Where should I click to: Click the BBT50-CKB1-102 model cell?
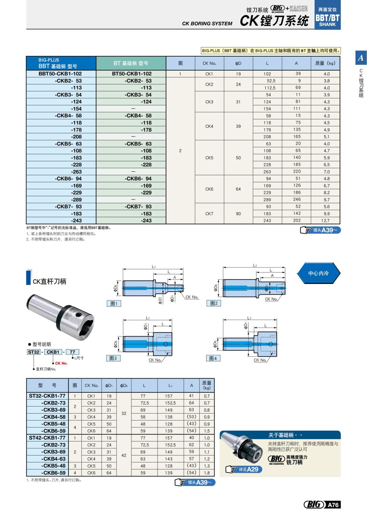pyautogui.click(x=60, y=74)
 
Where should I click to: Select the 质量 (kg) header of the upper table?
pyautogui.click(x=325, y=63)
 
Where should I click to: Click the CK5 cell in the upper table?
pyautogui.click(x=209, y=158)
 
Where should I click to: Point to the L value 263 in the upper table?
pyautogui.click(x=267, y=172)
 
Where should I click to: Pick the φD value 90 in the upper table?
pyautogui.click(x=238, y=214)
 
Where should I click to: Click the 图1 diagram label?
pyautogui.click(x=114, y=303)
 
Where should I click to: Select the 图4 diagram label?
pyautogui.click(x=213, y=358)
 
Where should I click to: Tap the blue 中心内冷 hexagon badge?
pyautogui.click(x=318, y=273)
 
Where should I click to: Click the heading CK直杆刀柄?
pyautogui.click(x=49, y=281)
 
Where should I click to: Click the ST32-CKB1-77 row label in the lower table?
pyautogui.click(x=47, y=396)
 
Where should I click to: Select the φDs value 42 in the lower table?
pyautogui.click(x=124, y=455)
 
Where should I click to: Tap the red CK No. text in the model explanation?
pyautogui.click(x=61, y=363)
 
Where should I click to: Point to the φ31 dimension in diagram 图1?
pyautogui.click(x=160, y=300)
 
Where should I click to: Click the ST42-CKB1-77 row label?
pyautogui.click(x=47, y=438)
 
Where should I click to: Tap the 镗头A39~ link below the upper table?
pyautogui.click(x=321, y=230)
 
